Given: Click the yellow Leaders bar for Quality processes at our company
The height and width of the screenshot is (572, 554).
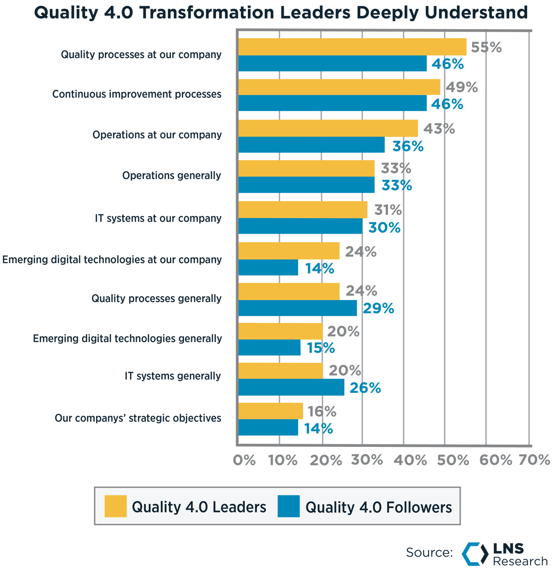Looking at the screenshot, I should tap(352, 47).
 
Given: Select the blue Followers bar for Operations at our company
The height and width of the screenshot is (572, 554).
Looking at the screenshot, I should tap(311, 145).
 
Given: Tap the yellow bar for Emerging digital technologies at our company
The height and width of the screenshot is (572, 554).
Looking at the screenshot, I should tap(289, 251).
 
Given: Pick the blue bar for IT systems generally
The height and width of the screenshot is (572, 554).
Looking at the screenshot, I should tap(292, 387).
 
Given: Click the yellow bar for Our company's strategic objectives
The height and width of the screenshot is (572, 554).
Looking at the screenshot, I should tap(271, 411).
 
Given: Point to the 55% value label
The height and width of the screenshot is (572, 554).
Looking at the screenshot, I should tap(486, 47).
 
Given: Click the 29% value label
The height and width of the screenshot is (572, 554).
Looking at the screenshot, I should tap(378, 308).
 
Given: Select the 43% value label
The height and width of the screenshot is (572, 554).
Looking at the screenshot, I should tap(439, 129).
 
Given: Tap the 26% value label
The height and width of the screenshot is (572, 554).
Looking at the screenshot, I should tap(365, 388).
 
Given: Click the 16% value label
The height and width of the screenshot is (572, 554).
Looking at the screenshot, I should tap(322, 411).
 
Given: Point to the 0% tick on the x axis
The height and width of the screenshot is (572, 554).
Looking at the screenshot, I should tap(244, 460).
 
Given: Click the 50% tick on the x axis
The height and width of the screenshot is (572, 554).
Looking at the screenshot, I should tap(453, 460).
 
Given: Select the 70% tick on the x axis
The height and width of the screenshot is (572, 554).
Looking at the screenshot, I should tap(534, 460).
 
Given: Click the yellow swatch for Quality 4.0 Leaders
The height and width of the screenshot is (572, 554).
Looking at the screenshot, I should tap(115, 506).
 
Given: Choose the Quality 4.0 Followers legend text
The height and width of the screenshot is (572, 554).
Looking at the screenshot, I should tap(379, 507).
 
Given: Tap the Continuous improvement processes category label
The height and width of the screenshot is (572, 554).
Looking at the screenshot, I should tap(137, 94).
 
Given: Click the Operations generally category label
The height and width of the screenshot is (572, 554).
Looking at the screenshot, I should tap(172, 176).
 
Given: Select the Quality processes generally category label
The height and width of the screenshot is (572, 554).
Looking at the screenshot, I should tap(156, 299).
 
